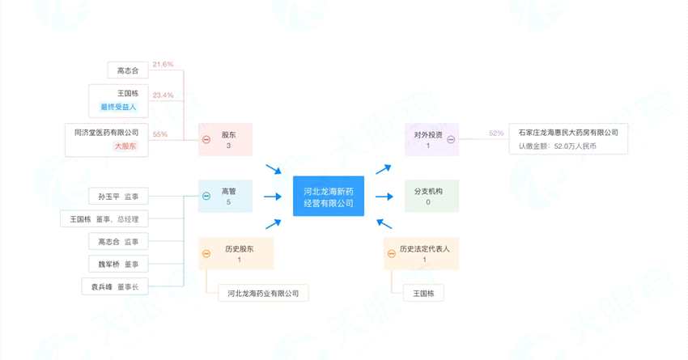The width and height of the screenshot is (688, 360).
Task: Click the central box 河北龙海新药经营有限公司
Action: [x=329, y=197]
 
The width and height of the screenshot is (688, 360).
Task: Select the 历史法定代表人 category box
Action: [x=422, y=253]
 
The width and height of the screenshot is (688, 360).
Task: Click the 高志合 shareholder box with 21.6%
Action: [x=128, y=70]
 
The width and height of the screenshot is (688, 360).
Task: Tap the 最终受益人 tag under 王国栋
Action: [x=119, y=107]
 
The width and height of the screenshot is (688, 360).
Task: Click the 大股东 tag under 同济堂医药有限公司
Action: [x=125, y=146]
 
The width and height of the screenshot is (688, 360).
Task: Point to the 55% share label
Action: [x=159, y=133]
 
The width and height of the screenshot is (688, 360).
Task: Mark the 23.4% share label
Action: [x=163, y=95]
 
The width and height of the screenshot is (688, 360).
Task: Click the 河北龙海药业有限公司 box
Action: [x=264, y=293]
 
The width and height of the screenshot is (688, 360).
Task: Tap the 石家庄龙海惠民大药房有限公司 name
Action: [x=568, y=132]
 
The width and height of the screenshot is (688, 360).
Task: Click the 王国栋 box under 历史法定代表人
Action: [x=423, y=293]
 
